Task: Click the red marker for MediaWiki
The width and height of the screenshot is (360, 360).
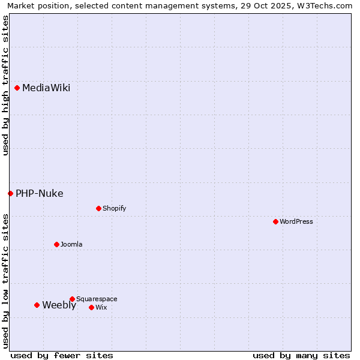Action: point(17,88)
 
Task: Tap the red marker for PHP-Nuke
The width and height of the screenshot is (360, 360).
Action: point(10,193)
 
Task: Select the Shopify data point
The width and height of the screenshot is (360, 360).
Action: point(98,209)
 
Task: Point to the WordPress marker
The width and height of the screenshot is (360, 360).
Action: point(275,221)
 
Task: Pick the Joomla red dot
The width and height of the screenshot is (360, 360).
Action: point(56,244)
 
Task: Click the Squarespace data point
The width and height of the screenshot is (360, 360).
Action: point(72,299)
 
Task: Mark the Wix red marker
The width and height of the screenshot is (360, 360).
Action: point(91,307)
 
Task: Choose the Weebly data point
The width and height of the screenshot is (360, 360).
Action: point(37,305)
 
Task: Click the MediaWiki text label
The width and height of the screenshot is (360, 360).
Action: point(46,88)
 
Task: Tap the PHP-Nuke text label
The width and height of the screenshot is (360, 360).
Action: point(40,193)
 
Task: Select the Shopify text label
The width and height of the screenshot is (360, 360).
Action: point(114,209)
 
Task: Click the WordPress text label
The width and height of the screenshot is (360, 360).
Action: point(296,221)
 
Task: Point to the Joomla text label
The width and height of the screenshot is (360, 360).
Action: point(71,244)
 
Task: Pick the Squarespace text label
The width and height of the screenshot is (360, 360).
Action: point(97,299)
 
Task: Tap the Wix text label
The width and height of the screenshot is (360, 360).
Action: point(101,307)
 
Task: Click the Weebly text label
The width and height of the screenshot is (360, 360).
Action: point(59,305)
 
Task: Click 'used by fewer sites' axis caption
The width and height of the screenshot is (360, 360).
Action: point(62,355)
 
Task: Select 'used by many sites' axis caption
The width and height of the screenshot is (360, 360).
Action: point(301,355)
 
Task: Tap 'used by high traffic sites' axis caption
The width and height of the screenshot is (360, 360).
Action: point(5,85)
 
